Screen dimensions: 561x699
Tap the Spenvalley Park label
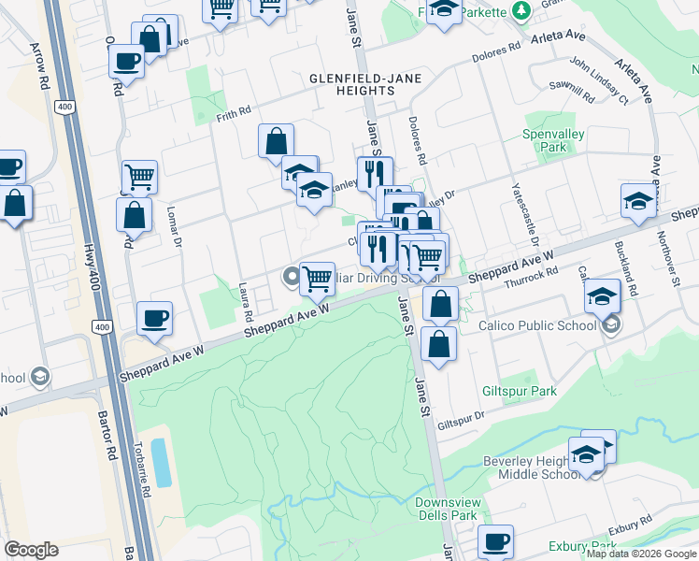(x=554, y=141)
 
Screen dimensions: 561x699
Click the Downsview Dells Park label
(x=446, y=509)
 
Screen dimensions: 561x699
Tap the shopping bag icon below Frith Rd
(x=277, y=142)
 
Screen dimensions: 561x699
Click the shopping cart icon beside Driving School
(x=318, y=278)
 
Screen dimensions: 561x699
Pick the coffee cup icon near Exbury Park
(x=495, y=540)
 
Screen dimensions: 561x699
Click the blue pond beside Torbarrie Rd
(x=161, y=461)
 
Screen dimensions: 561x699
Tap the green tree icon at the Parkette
(x=522, y=11)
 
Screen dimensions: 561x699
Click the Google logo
(x=31, y=550)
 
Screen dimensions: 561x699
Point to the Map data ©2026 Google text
(x=641, y=554)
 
